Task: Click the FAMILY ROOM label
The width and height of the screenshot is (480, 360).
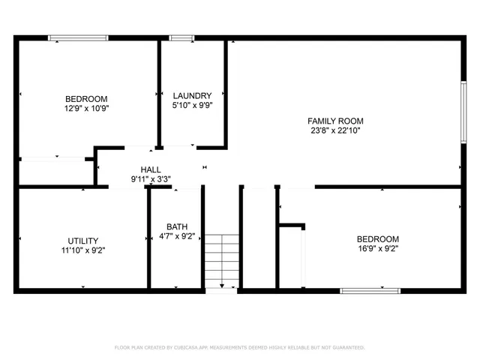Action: tap(335, 121)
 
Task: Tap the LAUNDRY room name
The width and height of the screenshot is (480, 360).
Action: tap(192, 95)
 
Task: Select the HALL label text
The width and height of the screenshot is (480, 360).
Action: tap(151, 170)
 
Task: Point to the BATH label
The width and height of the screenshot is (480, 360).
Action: tap(178, 226)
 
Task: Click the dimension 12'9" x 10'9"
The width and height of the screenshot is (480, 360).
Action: tap(86, 108)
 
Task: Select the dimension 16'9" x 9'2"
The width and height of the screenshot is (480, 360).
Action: tap(377, 249)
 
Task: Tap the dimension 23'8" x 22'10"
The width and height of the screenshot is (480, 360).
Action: tap(335, 130)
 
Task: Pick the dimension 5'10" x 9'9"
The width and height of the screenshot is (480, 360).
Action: tap(192, 105)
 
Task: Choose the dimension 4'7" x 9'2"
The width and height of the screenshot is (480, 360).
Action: tap(178, 236)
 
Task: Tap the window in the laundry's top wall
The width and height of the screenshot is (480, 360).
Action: tap(181, 37)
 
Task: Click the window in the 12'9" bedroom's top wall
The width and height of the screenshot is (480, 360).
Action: tap(78, 37)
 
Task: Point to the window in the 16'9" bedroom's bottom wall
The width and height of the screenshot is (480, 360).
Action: tap(370, 289)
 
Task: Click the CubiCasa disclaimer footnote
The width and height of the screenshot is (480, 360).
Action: tap(239, 347)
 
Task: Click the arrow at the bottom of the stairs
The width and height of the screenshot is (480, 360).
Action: tap(222, 284)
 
